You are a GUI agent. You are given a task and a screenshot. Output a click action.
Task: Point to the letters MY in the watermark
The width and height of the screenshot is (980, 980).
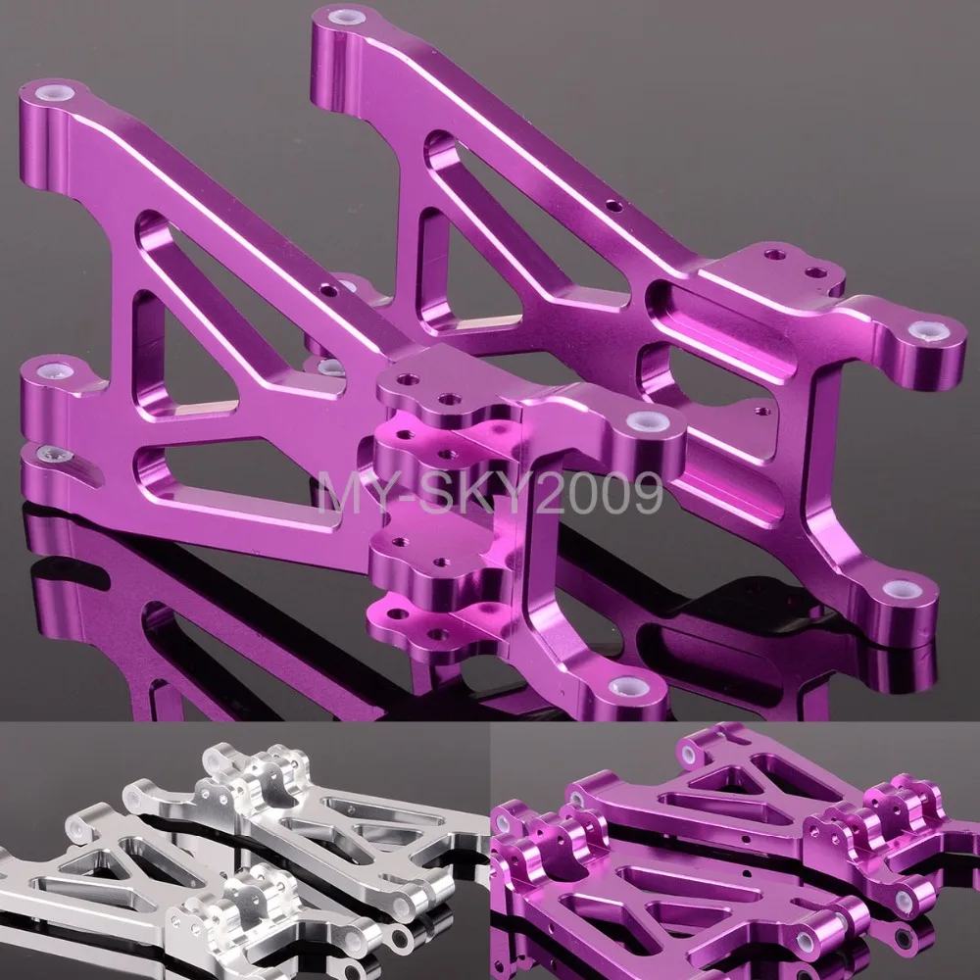350,493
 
